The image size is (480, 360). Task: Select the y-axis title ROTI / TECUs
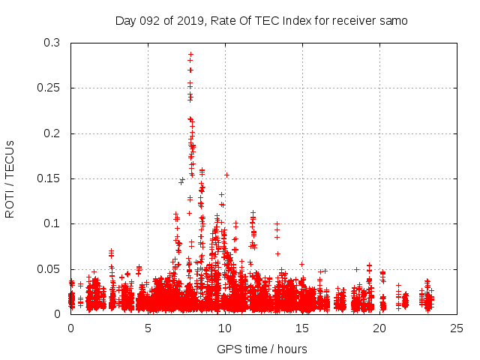[10, 178]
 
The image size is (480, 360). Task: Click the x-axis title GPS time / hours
[262, 349]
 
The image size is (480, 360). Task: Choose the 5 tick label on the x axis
[148, 328]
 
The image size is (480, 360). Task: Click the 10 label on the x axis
[225, 328]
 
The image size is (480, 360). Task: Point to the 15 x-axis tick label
[302, 328]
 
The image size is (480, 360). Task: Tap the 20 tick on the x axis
[379, 328]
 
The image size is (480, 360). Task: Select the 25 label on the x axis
[457, 328]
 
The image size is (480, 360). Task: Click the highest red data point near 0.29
[190, 54]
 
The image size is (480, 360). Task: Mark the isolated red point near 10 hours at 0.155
[226, 175]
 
